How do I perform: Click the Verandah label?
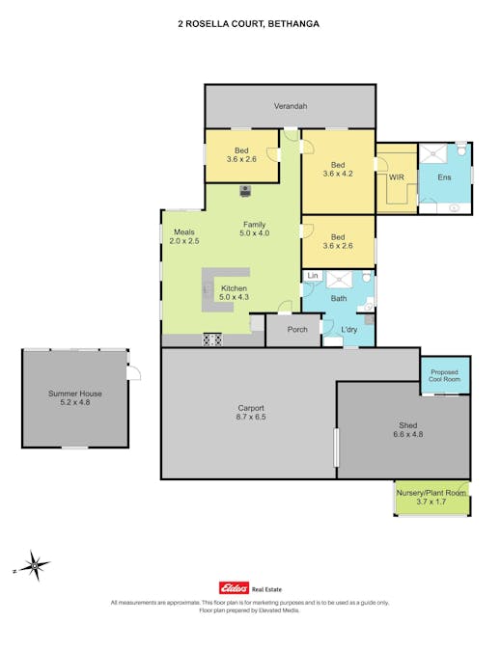pos(291,106)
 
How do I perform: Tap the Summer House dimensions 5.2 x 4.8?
pos(74,402)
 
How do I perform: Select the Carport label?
pos(251,408)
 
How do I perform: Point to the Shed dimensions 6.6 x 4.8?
pos(408,434)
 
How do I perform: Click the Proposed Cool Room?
pos(444,376)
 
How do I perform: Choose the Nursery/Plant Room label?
pos(431,493)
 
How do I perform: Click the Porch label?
pos(297,329)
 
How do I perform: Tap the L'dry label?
pos(348,329)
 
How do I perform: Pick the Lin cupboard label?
pos(313,275)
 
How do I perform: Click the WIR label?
pos(397,177)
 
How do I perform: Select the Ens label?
pos(444,177)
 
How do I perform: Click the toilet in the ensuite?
pos(461,149)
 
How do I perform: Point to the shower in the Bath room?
pos(340,280)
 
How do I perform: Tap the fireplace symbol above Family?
pos(245,191)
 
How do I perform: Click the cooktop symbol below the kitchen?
pos(212,339)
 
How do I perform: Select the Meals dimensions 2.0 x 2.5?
pos(184,241)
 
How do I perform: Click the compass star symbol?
pos(35,565)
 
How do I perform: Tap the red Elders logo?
pos(234,588)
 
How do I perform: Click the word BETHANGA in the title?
pos(293,24)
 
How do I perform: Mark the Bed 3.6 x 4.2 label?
pos(338,170)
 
